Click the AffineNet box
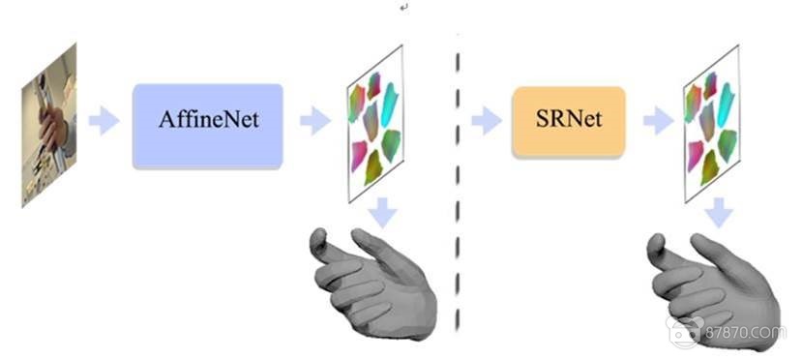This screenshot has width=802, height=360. click(x=207, y=125)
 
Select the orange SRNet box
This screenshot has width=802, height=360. click(x=568, y=121)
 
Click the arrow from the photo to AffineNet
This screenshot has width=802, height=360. click(x=104, y=122)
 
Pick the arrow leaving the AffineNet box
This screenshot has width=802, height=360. click(x=315, y=122)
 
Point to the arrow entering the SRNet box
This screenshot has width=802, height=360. click(x=487, y=121)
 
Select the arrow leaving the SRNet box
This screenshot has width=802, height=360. click(x=658, y=121)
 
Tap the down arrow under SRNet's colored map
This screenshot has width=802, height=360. click(x=719, y=212)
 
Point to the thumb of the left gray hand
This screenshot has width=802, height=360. click(x=323, y=242)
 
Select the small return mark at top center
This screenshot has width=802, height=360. click(x=403, y=8)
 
